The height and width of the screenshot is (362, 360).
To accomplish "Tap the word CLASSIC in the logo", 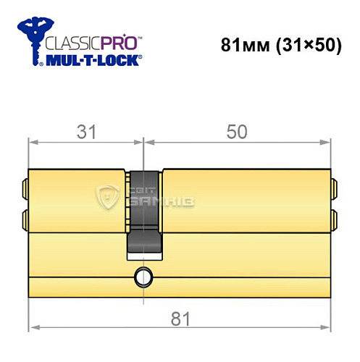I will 69,41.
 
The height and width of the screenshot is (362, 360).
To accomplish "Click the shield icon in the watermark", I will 108,196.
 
